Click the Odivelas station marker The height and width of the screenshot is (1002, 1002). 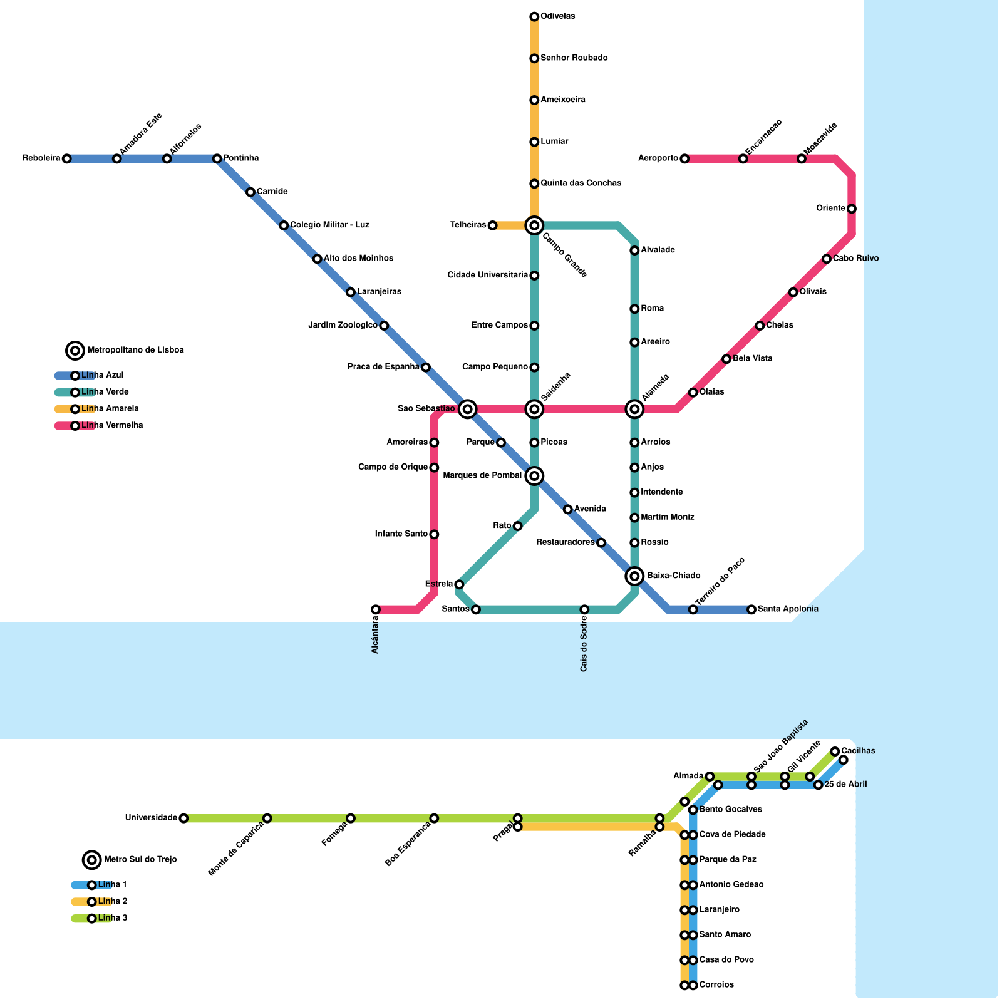click(x=534, y=16)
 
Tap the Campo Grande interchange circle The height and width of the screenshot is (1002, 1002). click(x=534, y=225)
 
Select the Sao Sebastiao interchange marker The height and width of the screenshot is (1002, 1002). click(x=467, y=410)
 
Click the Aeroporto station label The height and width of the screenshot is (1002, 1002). click(x=658, y=158)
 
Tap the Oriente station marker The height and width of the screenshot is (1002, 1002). click(x=852, y=209)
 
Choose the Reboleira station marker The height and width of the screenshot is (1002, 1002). click(x=66, y=158)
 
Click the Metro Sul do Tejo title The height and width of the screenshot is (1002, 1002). click(x=140, y=860)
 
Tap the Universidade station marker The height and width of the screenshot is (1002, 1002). click(x=183, y=819)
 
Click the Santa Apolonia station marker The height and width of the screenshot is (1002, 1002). click(x=751, y=609)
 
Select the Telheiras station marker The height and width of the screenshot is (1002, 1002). click(x=492, y=225)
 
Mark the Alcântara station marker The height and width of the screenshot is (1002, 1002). click(x=376, y=609)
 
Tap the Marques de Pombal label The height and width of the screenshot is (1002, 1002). click(x=482, y=476)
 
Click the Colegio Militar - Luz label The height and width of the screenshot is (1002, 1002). click(x=329, y=225)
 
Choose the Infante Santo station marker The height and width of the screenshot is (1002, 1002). click(x=434, y=534)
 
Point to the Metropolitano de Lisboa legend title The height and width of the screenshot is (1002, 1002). click(x=135, y=351)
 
